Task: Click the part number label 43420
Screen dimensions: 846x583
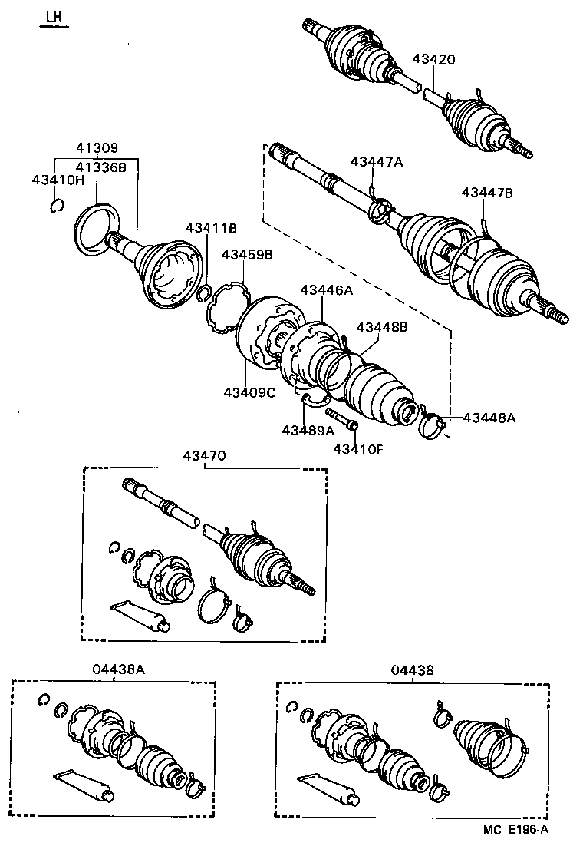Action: [x=433, y=58]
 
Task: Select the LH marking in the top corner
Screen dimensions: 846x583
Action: [x=54, y=16]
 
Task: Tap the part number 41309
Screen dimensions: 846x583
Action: [x=97, y=149]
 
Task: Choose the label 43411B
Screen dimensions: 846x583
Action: [x=211, y=227]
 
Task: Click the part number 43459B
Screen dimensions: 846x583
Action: [x=247, y=254]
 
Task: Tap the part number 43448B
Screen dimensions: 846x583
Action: [x=381, y=326]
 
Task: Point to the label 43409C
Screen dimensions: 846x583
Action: [x=249, y=392]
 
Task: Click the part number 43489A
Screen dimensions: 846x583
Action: [x=308, y=430]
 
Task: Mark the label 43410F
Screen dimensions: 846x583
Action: [x=357, y=448]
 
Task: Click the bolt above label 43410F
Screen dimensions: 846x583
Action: [x=342, y=418]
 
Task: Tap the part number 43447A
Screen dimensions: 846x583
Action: [x=377, y=161]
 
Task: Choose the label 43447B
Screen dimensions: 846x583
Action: [x=486, y=193]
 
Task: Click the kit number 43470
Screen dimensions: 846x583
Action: [x=204, y=455]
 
